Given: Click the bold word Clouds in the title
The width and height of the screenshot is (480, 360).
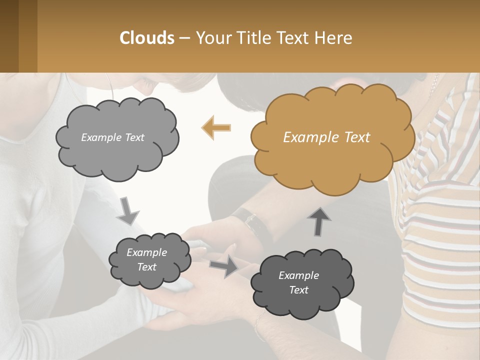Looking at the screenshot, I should tap(146, 38).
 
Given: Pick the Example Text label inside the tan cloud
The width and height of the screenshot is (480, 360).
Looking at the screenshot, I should tap(326, 137).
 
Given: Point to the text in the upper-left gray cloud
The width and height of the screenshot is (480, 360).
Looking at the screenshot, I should tap(112, 137).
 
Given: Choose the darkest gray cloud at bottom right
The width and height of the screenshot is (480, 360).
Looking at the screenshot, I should tap(302, 283).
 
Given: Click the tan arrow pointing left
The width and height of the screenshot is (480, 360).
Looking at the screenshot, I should tap(216, 127).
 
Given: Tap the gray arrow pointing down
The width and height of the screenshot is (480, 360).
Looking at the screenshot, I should tap(128, 211).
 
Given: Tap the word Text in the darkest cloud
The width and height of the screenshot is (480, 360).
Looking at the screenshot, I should tap(298, 290).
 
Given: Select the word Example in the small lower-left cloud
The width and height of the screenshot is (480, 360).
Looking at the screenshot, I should tap(146, 253).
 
